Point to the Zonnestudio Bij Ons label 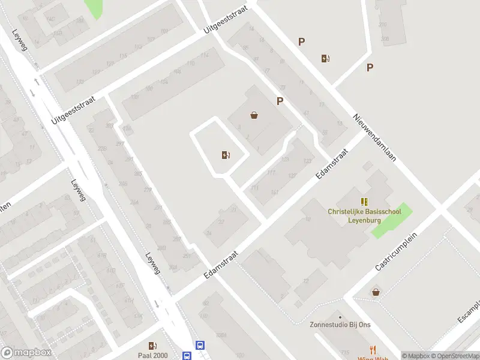[x=340, y=325]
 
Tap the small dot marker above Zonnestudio [x=340, y=316]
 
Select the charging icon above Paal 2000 [x=152, y=345]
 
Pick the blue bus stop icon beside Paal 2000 [x=200, y=345]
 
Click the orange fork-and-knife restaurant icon [x=373, y=350]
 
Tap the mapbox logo [x=26, y=352]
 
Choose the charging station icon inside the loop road [x=225, y=155]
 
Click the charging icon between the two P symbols [x=326, y=58]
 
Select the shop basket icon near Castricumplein [x=376, y=292]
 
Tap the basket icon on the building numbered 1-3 [x=254, y=115]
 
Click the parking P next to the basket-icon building [x=280, y=101]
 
